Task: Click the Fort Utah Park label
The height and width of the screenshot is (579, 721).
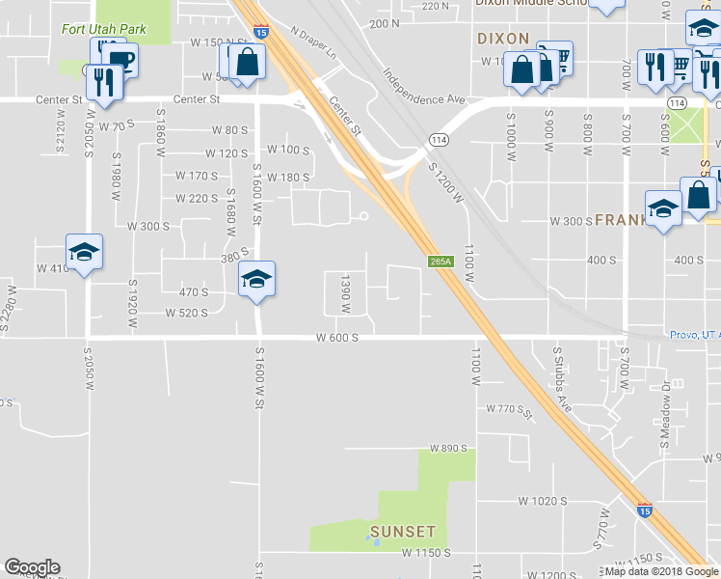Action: [x=103, y=29]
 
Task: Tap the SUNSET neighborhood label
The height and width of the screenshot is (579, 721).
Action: [x=403, y=532]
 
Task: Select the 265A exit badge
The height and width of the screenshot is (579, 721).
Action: [x=440, y=262]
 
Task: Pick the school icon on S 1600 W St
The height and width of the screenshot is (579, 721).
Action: [x=256, y=279]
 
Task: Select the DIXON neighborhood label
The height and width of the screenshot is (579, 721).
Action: [x=502, y=39]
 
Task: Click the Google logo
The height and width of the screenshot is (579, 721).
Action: [x=32, y=567]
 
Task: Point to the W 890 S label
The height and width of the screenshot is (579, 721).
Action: [x=448, y=449]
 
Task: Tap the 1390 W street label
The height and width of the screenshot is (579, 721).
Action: [x=344, y=292]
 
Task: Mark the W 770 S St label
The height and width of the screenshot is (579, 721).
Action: [x=510, y=410]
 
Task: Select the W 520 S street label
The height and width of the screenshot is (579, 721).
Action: [x=186, y=313]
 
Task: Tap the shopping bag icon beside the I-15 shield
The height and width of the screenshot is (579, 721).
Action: [x=249, y=63]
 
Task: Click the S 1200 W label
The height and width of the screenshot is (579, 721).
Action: [x=447, y=182]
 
